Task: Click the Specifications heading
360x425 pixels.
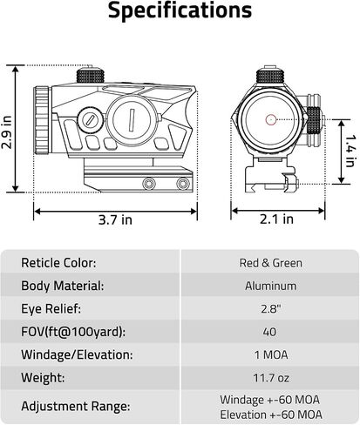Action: [180, 11]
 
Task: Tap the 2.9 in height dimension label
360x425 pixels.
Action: [6, 132]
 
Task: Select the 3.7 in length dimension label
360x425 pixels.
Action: [115, 219]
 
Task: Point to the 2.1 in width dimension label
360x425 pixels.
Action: [276, 219]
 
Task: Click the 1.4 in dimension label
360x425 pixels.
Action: [350, 151]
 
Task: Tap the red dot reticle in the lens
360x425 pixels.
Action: [271, 119]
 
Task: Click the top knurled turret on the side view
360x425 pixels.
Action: [91, 75]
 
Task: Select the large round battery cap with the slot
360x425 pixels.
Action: [132, 119]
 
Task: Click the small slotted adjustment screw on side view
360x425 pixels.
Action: [90, 119]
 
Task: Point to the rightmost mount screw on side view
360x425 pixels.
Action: [183, 184]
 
